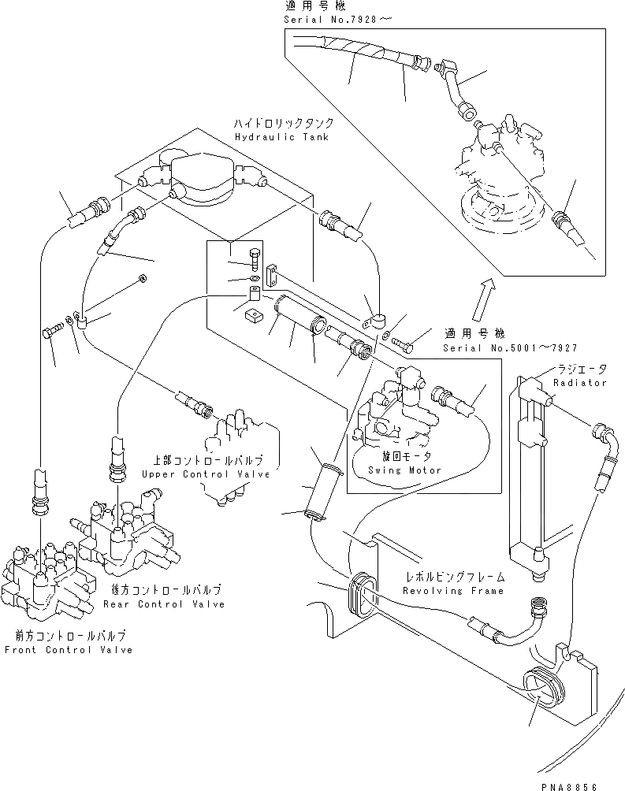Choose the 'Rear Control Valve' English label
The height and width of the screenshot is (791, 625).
pos(164,604)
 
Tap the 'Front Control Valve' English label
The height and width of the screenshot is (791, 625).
pos(68,650)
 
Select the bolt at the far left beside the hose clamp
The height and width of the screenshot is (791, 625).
pos(50,331)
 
